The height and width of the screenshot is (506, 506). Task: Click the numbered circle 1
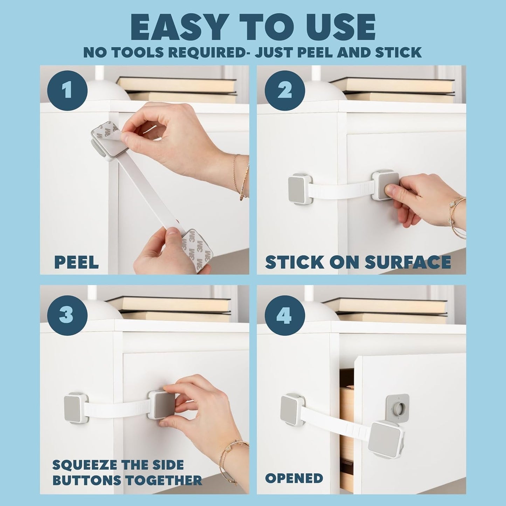click(67, 90)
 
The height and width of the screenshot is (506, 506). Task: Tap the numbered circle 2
click(284, 90)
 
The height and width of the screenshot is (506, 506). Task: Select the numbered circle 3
click(67, 314)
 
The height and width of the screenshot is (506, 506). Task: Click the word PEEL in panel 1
click(76, 262)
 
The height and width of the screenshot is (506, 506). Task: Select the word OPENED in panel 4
click(294, 478)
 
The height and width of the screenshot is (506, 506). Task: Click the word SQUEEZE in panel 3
click(84, 465)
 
